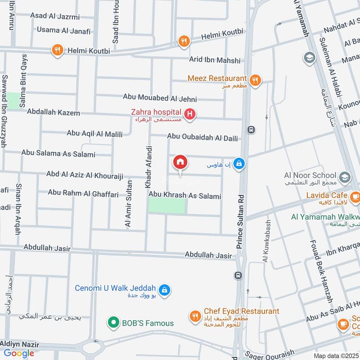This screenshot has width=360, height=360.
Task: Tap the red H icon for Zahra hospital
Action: coord(190,115)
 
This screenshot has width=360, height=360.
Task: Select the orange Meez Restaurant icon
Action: coord(255,81)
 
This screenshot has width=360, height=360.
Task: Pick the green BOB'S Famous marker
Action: coord(112,322)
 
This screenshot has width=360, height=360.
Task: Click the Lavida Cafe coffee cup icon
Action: coord(355,197)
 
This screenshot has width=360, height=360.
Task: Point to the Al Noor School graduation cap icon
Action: coord(345,176)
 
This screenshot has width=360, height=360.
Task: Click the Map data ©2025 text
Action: coord(335,355)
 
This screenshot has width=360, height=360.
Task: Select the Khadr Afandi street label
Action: coord(148,166)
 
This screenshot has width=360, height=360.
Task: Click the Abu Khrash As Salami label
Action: coord(185,196)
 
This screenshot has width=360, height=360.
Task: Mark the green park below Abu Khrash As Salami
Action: coord(167,206)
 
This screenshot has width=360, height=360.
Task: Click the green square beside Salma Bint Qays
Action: coord(13,100)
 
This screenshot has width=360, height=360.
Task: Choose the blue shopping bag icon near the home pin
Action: coord(240,164)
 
